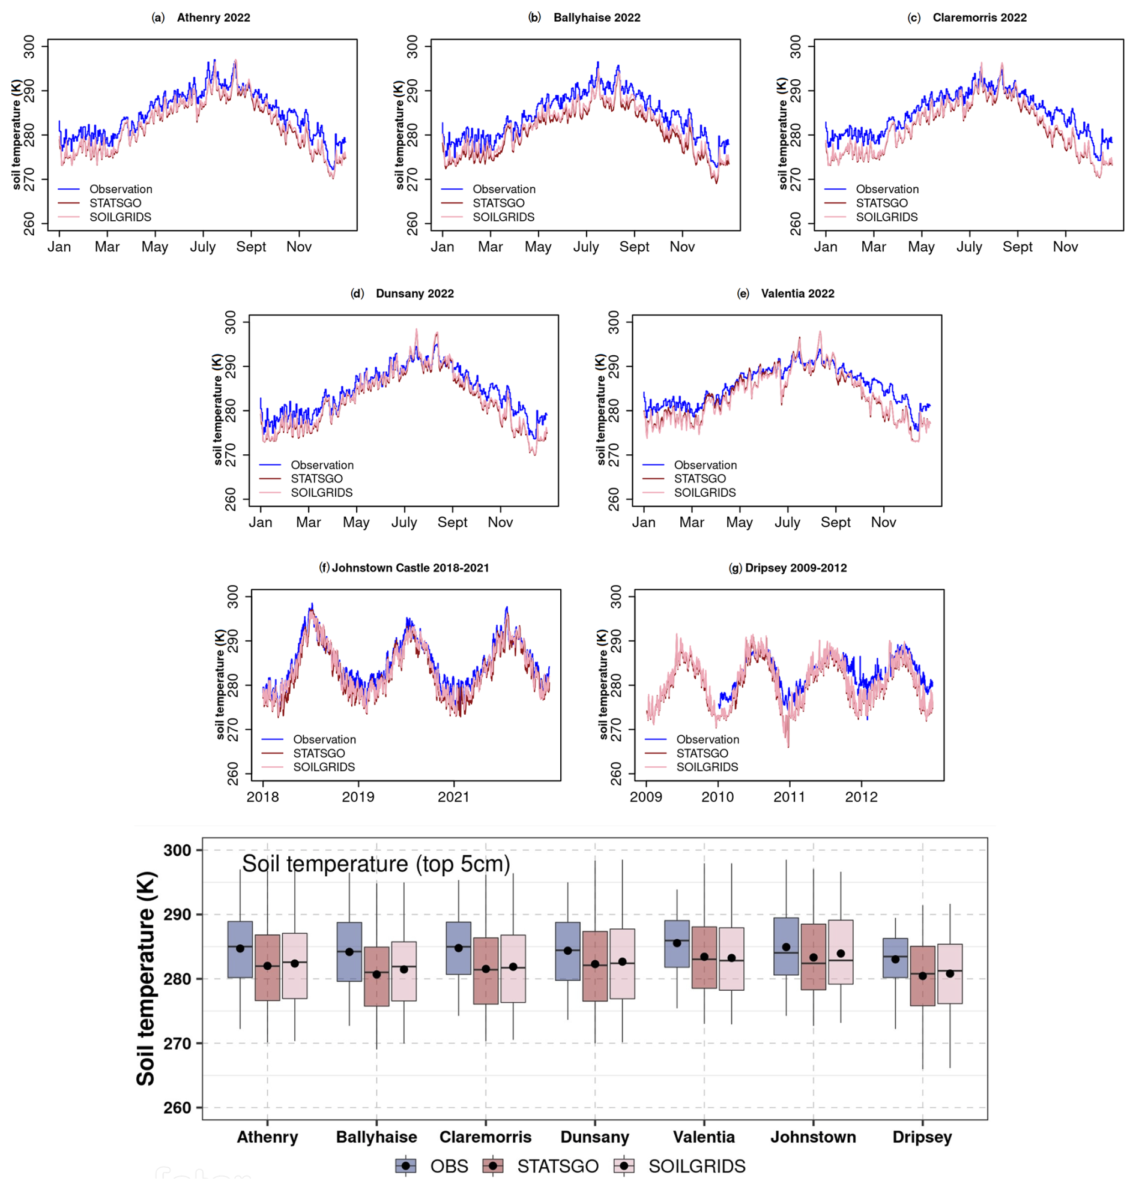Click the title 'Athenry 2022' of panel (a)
tap(213, 17)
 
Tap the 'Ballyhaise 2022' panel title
tap(596, 17)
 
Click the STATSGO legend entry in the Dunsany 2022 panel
tap(316, 479)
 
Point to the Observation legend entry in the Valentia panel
tap(705, 465)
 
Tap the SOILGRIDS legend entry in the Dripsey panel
tap(707, 767)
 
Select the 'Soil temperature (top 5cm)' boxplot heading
tap(376, 864)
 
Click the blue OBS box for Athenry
tap(240, 949)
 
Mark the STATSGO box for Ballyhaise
tap(376, 976)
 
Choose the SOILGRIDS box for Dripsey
tap(949, 973)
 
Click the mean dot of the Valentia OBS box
tap(677, 943)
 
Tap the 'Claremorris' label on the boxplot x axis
tap(485, 1137)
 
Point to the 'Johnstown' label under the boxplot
tap(812, 1137)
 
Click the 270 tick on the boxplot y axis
tap(177, 1044)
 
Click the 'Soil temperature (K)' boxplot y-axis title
tap(146, 978)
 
